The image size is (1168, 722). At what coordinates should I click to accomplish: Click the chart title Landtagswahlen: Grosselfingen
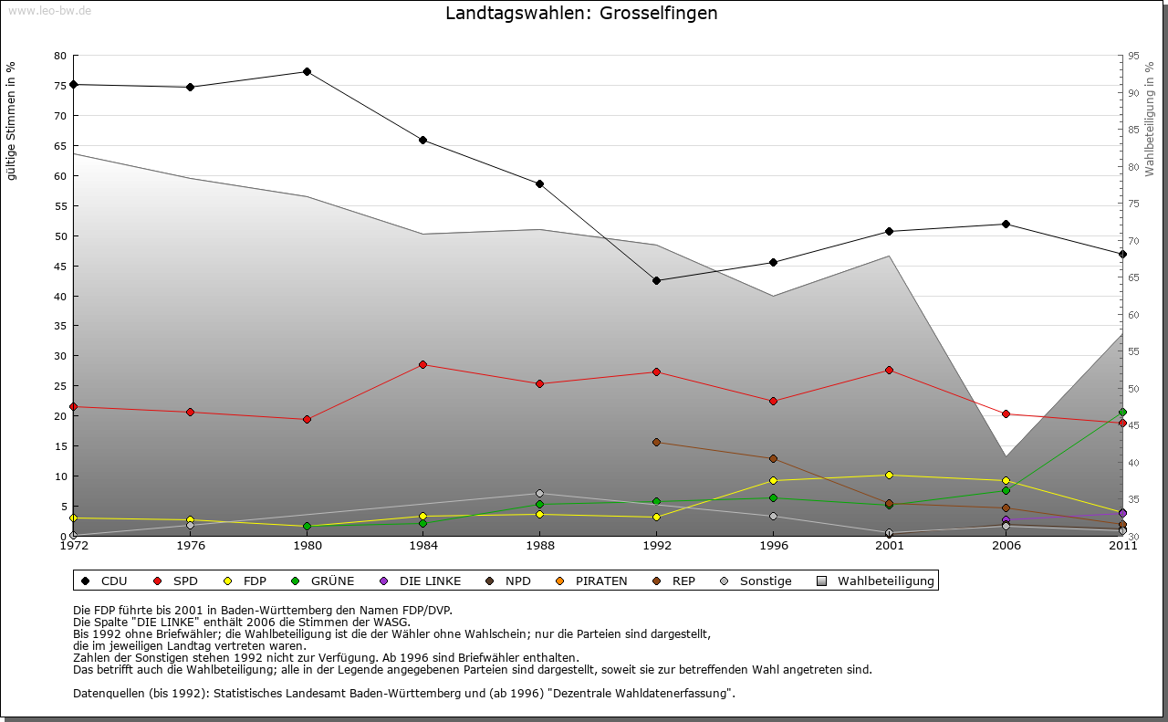[x=581, y=14]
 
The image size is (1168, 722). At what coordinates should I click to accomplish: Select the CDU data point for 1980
[x=307, y=71]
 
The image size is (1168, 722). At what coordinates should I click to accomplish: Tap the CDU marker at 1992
[x=656, y=280]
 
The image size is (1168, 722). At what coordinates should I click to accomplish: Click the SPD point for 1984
[x=422, y=364]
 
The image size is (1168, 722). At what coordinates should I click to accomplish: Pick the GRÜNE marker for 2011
[x=1122, y=413]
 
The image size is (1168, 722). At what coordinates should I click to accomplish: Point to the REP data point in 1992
[x=656, y=443]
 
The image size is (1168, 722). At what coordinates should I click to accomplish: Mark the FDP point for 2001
[x=889, y=475]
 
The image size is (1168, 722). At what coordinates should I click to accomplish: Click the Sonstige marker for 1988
[x=539, y=494]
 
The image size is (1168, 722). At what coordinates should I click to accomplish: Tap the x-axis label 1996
[x=773, y=546]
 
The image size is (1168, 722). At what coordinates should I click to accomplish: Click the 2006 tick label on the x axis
[x=1006, y=546]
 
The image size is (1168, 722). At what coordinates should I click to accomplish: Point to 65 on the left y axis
[x=60, y=146]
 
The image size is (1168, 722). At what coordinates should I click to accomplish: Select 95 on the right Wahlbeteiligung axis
[x=1133, y=56]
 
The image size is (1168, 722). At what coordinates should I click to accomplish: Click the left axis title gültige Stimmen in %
[x=12, y=121]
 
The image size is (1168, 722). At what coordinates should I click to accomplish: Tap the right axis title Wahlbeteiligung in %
[x=1150, y=120]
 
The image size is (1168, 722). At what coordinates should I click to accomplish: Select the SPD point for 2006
[x=1006, y=414]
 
